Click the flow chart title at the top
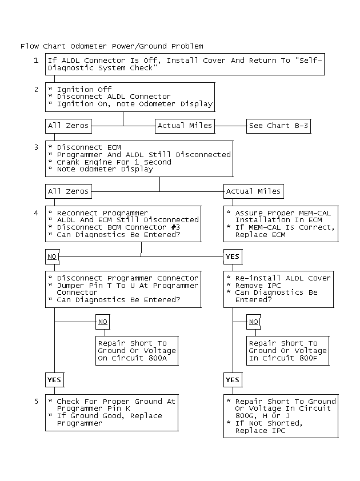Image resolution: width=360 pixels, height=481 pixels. (111, 46)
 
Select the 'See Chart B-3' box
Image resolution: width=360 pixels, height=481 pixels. (279, 126)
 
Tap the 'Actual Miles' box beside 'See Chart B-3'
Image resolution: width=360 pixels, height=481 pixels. (185, 126)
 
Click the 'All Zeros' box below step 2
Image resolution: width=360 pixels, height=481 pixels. (68, 126)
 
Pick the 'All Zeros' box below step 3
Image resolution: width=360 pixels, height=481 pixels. (68, 191)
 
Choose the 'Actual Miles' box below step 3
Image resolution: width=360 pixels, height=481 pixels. (253, 191)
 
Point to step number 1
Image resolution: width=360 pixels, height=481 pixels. (36, 61)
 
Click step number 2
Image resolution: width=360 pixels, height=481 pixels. (36, 90)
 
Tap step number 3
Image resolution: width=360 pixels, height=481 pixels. (36, 147)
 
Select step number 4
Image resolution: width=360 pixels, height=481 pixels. (36, 213)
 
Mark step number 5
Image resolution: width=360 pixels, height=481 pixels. (36, 402)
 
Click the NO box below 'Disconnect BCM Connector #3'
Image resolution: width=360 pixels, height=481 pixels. (52, 256)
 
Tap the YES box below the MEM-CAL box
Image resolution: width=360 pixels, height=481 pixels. (232, 256)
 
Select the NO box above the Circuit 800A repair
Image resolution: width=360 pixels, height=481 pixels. (102, 322)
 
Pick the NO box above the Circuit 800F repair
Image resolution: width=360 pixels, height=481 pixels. (253, 322)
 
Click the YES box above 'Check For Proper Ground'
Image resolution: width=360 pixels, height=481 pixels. (54, 379)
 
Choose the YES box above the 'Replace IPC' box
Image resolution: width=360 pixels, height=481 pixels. (232, 379)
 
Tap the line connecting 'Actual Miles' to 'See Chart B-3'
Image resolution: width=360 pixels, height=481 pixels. (230, 126)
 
